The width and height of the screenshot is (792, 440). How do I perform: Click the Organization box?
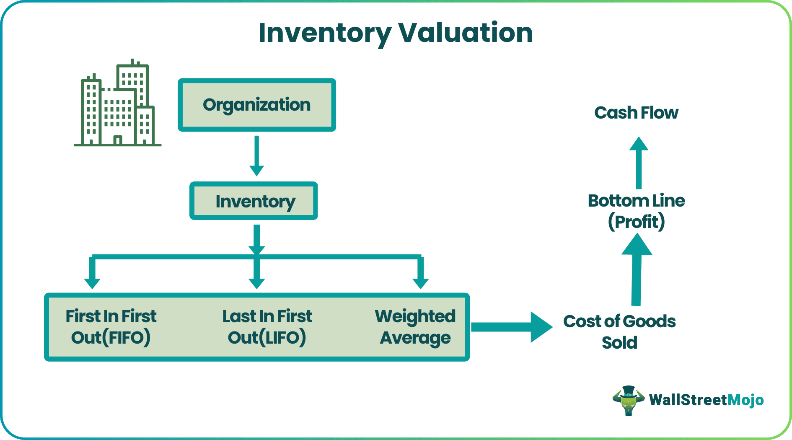(x=256, y=105)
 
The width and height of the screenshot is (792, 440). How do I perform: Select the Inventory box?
(x=254, y=201)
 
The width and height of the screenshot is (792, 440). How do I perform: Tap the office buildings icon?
(x=118, y=105)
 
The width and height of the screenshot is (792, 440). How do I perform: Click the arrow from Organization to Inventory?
(x=256, y=155)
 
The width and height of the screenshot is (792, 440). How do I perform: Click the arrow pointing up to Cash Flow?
(x=639, y=163)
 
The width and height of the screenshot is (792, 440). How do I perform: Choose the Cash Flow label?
(x=636, y=113)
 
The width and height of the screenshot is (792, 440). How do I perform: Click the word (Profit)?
(x=636, y=222)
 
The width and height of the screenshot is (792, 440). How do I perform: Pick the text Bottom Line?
(x=636, y=201)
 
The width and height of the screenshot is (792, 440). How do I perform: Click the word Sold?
(x=619, y=343)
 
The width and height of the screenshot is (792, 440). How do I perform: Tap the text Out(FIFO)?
(x=111, y=338)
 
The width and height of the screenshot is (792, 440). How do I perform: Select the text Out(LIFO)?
(x=267, y=338)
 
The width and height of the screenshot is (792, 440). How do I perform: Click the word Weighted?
(x=415, y=316)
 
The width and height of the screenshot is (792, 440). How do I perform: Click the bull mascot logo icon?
(x=628, y=401)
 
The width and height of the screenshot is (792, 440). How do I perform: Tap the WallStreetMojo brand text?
(x=706, y=400)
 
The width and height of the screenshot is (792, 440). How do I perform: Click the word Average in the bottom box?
(x=415, y=338)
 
